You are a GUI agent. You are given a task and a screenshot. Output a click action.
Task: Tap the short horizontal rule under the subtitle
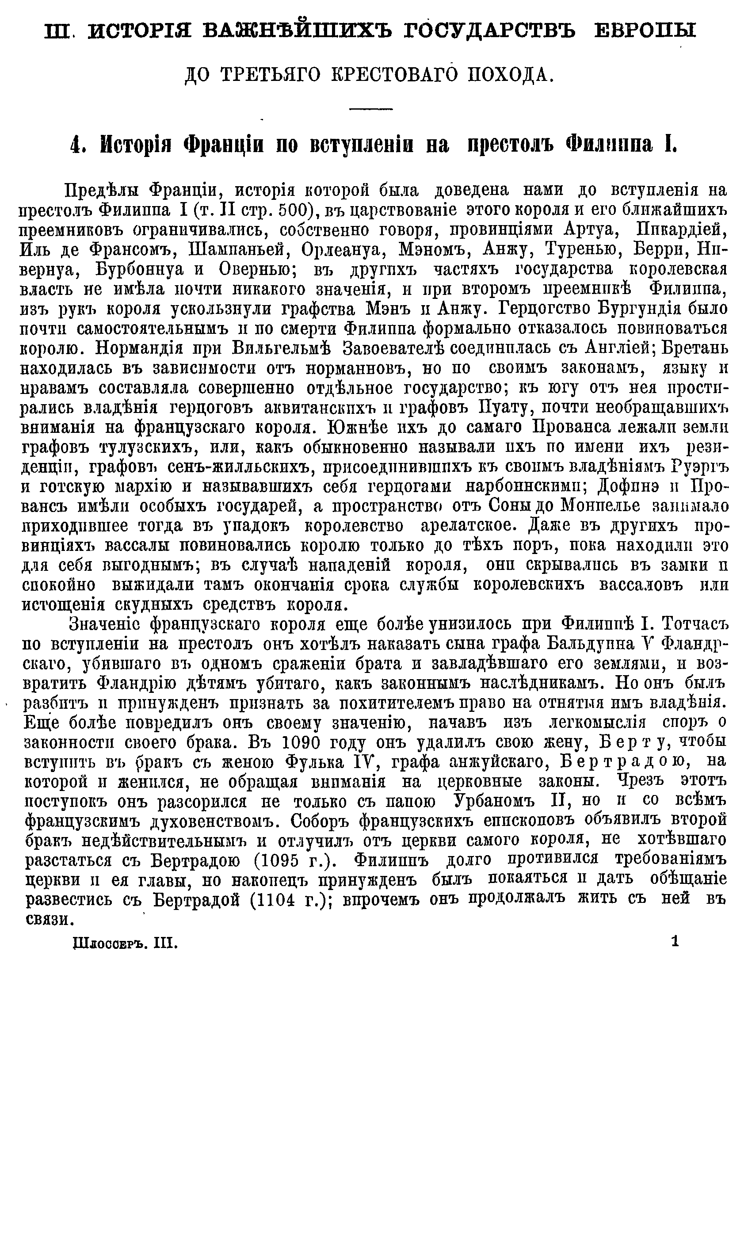click(x=371, y=108)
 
